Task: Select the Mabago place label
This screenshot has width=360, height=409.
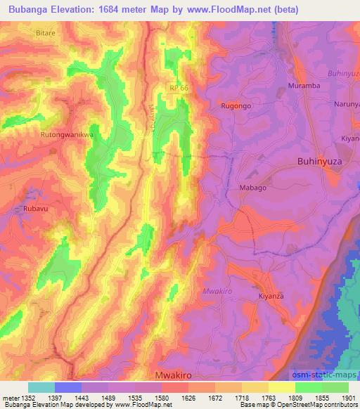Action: pos(253,188)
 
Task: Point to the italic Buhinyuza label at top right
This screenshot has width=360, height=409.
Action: pos(343,72)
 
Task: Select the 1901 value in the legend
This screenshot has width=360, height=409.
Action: pos(348,397)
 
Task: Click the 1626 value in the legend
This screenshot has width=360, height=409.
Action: pos(188,397)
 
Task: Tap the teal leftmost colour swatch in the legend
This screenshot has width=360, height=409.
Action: pos(41,387)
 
